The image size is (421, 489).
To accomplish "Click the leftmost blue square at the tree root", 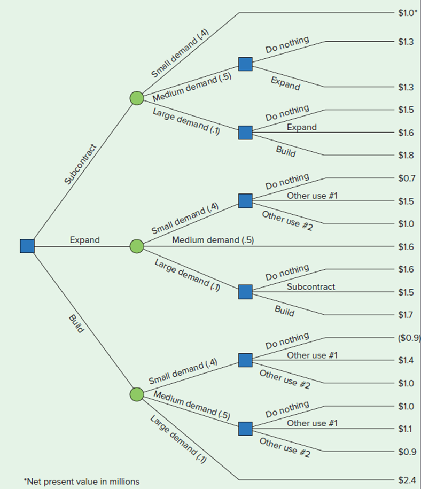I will coord(27,246).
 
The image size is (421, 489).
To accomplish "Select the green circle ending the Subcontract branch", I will coord(137,98).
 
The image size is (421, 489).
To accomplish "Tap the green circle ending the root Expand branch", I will coord(137,246).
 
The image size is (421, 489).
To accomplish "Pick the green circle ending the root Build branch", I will coord(137,394).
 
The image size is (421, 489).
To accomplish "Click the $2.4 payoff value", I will coord(406,480).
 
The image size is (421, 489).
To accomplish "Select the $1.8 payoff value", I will coord(406,155).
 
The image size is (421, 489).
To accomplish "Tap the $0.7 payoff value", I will coord(406,178).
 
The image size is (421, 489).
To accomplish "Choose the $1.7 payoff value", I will coord(406,314).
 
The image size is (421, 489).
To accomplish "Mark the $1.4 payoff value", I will coord(406,361).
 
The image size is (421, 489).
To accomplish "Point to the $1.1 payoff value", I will coord(406,429).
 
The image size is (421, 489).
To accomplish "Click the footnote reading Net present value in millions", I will coord(81,482).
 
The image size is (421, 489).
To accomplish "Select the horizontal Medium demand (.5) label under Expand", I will coord(213,240).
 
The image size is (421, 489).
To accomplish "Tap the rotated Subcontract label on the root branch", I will coord(80,164).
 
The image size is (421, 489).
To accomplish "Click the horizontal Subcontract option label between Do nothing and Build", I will coord(311,286).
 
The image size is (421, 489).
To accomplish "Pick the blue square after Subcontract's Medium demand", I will coord(245,64).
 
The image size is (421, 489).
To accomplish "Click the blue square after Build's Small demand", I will coord(245,360).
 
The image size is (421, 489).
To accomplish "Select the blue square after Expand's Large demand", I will coord(245,292).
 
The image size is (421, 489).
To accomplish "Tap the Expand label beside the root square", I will coord(84,240).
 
